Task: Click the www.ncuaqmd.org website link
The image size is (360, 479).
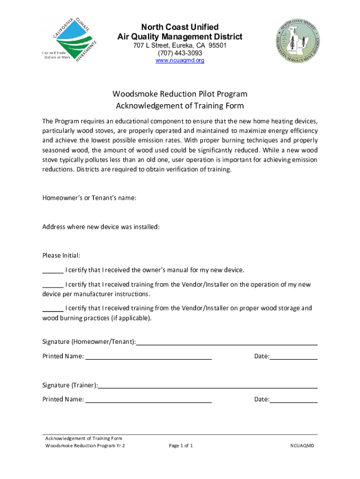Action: (180, 61)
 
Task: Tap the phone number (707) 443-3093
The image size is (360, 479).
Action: (180, 53)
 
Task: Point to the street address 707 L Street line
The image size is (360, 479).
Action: (180, 45)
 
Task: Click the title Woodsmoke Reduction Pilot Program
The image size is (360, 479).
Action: (180, 94)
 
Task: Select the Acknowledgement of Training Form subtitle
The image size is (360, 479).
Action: (180, 106)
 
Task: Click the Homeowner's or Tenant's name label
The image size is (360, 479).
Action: (89, 198)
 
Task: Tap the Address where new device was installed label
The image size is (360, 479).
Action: (101, 227)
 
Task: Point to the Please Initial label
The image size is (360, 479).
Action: (61, 255)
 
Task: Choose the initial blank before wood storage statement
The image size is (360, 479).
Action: (53, 310)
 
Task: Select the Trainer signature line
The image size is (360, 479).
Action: (208, 387)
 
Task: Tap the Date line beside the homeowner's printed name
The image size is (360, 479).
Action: (294, 358)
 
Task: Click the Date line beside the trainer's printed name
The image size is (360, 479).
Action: (294, 401)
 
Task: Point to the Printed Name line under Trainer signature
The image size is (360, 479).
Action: (149, 401)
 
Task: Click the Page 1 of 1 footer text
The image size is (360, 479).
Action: (180, 446)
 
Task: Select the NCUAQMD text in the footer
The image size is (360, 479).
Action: (302, 446)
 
